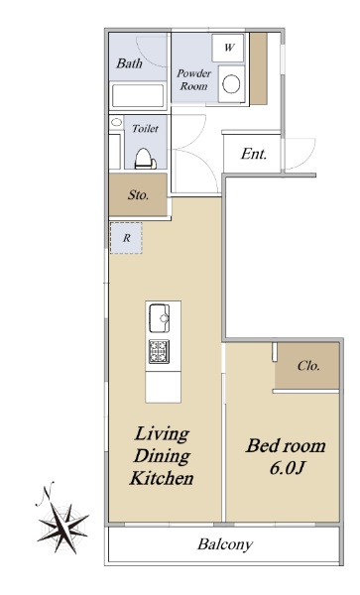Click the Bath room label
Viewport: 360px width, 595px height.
click(x=129, y=63)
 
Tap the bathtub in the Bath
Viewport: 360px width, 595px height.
click(x=138, y=95)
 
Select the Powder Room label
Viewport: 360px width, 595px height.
click(x=193, y=79)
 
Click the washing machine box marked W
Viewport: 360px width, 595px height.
click(x=228, y=48)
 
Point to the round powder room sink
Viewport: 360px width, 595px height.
click(x=231, y=84)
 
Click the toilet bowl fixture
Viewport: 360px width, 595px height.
click(x=144, y=159)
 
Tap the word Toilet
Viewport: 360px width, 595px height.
click(x=145, y=129)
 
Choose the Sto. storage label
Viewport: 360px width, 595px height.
click(x=138, y=195)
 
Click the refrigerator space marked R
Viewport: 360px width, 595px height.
click(x=126, y=238)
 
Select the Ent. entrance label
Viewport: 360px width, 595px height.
click(x=254, y=154)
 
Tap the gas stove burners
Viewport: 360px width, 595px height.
click(x=159, y=351)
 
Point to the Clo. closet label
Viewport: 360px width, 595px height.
click(x=308, y=366)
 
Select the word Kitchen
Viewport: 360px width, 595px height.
click(x=162, y=478)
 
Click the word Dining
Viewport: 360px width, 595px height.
click(x=162, y=456)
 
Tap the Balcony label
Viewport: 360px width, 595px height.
click(x=225, y=544)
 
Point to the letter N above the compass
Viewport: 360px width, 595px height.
click(x=47, y=492)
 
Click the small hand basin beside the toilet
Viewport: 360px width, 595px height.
click(x=116, y=122)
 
